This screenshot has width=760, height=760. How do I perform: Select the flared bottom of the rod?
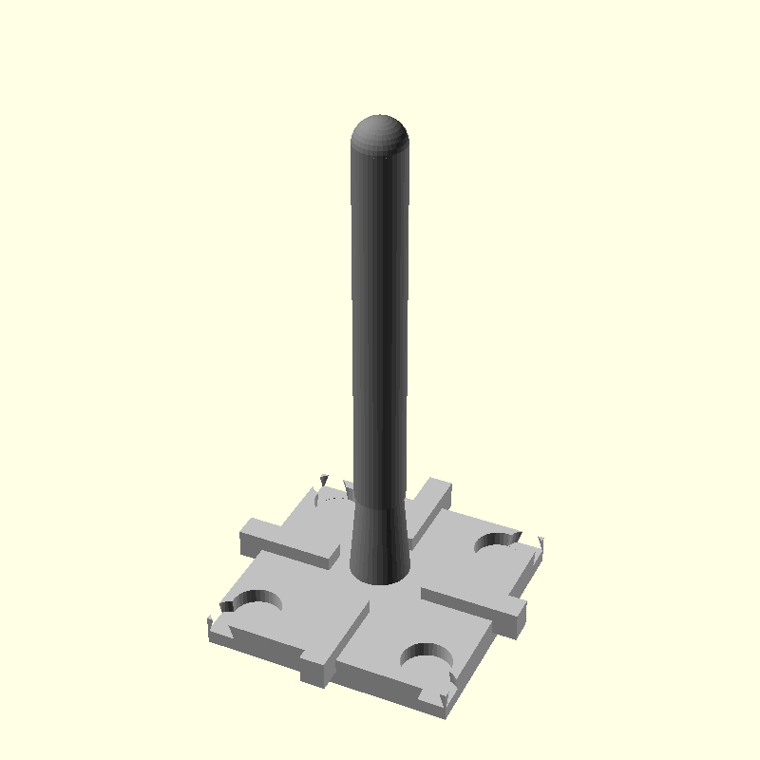(x=381, y=551)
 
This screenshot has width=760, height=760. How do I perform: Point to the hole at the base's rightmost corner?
(x=498, y=543)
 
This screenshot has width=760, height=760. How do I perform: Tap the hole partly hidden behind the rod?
(x=332, y=497)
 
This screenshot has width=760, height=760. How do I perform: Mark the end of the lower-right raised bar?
(x=512, y=619)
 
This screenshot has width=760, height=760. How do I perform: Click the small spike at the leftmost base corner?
(x=209, y=622)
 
